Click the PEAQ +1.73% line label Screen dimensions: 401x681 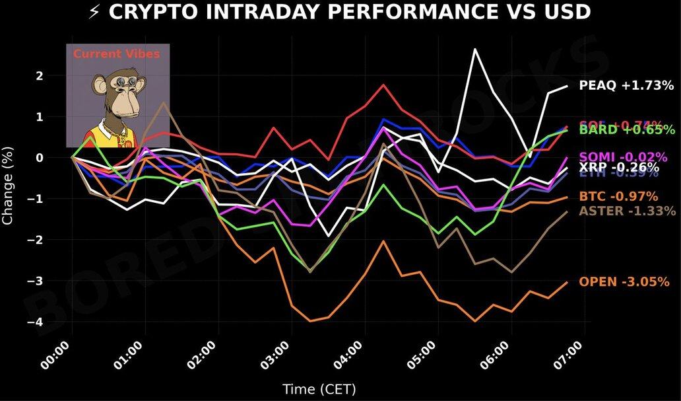pyautogui.click(x=626, y=85)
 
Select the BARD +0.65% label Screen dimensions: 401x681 pyautogui.click(x=627, y=130)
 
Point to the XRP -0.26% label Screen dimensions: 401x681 pyautogui.click(x=619, y=168)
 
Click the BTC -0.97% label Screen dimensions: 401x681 pyautogui.click(x=618, y=196)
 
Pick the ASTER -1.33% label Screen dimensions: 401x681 pyautogui.click(x=627, y=211)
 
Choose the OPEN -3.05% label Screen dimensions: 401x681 pyautogui.click(x=624, y=282)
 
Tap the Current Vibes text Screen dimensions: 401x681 pyautogui.click(x=116, y=54)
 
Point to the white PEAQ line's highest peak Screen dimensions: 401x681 pyautogui.click(x=474, y=49)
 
